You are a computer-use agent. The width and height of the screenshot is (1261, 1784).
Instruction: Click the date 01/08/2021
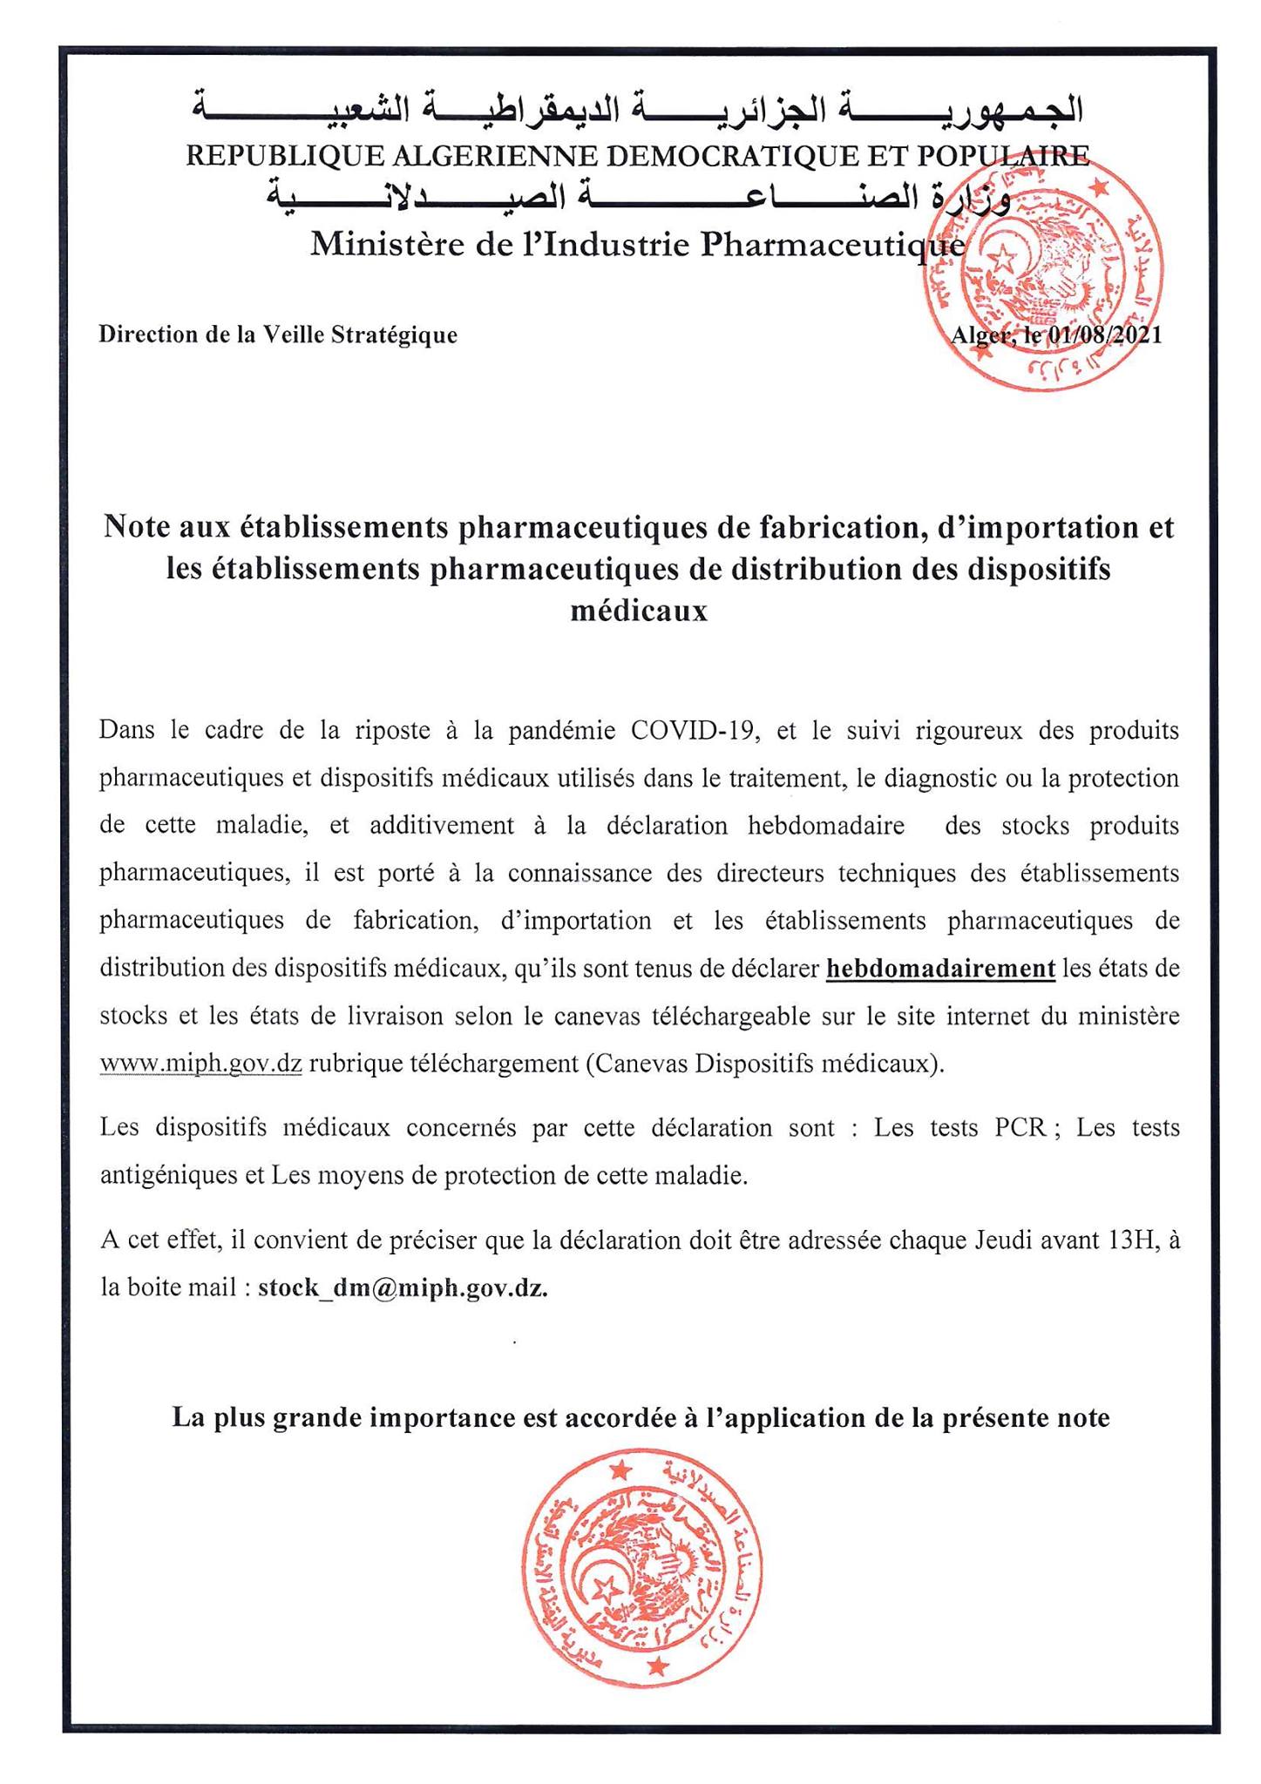click(1106, 335)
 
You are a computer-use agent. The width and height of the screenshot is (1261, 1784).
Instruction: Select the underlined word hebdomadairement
click(940, 969)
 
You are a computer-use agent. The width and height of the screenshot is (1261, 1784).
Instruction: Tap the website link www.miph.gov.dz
click(200, 1064)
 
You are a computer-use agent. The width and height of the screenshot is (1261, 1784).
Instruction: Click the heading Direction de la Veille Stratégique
click(278, 335)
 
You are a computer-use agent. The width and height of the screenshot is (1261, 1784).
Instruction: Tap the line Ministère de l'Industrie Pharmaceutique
click(638, 245)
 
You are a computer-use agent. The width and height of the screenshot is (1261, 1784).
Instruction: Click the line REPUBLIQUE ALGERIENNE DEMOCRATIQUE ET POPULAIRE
click(638, 156)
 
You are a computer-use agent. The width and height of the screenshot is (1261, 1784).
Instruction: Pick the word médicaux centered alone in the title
click(639, 611)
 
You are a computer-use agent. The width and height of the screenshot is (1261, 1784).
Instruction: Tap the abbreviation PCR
click(1020, 1128)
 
